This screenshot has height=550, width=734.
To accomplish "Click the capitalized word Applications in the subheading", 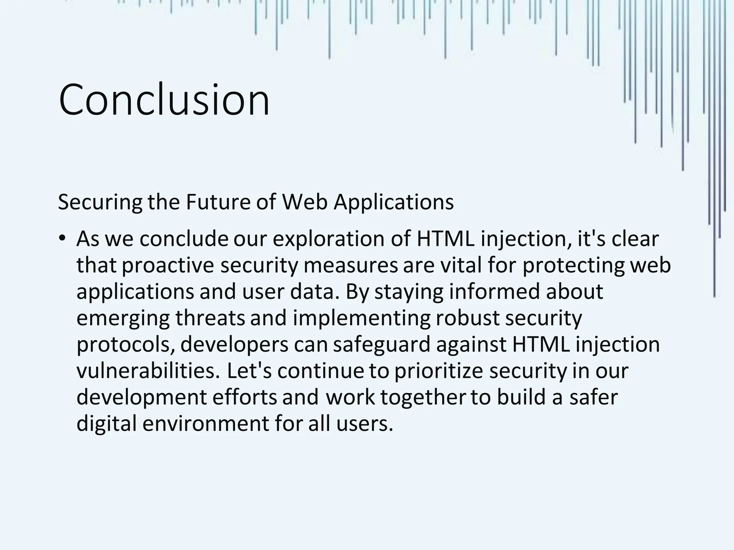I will [394, 202].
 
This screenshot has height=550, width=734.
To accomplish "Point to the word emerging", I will [123, 318].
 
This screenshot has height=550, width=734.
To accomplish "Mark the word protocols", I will [125, 344].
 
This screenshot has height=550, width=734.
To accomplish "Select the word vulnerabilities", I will [148, 371].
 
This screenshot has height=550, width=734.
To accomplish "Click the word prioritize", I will [439, 371].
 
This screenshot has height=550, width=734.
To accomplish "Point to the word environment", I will [205, 424].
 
